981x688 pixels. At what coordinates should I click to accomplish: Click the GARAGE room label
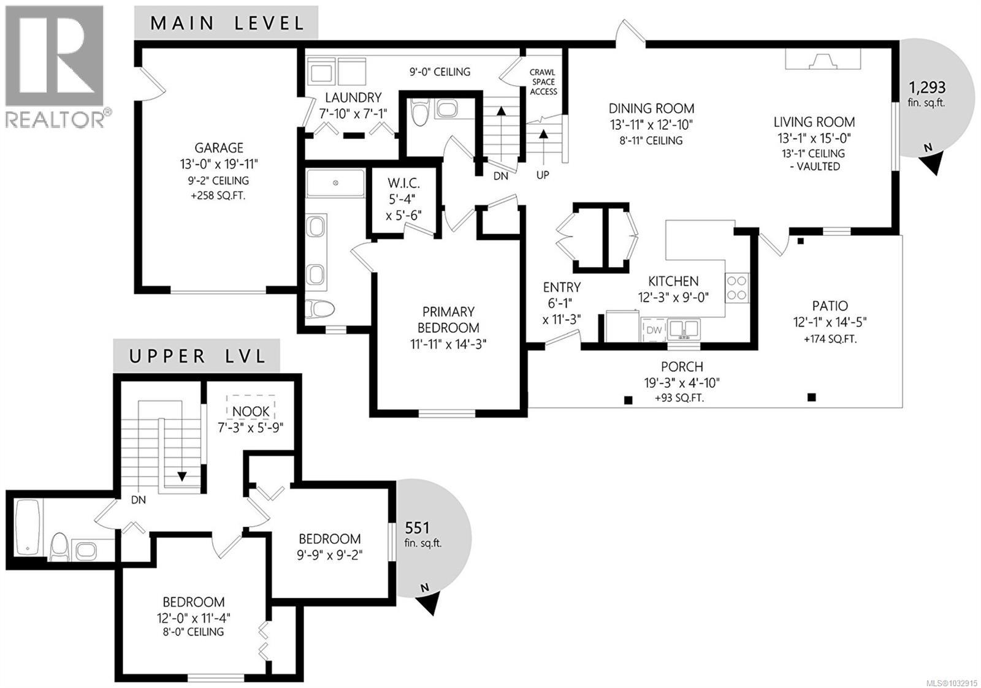219,148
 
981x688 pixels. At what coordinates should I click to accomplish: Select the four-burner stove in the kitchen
738,287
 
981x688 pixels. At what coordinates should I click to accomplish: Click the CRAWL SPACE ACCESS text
543,81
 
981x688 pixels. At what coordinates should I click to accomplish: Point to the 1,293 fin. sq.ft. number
926,88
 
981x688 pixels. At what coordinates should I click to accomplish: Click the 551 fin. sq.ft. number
418,527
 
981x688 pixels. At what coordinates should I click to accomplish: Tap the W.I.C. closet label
403,184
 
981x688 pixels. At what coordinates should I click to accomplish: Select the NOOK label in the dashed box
251,412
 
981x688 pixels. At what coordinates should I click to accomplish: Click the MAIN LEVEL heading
227,23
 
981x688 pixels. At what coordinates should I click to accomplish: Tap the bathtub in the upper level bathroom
27,527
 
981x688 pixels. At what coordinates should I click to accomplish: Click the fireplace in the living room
823,59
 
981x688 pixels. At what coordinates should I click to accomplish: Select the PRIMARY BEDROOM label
448,319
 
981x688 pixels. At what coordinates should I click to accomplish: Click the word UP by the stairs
543,175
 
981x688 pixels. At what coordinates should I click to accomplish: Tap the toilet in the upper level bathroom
59,546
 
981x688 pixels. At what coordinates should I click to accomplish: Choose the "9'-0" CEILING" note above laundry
440,72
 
